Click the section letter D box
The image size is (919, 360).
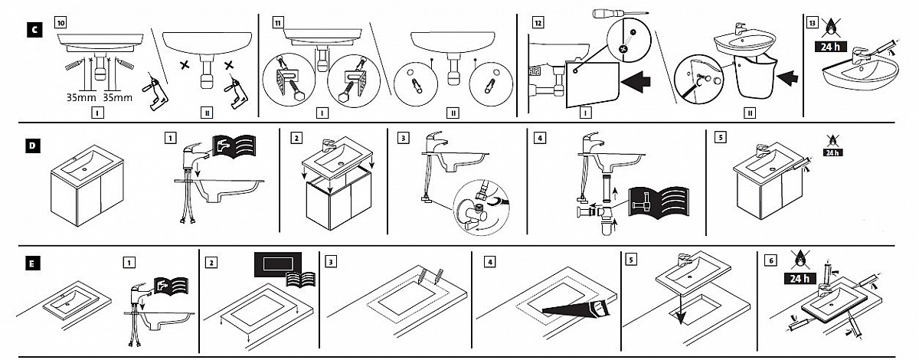[33, 144]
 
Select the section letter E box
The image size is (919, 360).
[33, 261]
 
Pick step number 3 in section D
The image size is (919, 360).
[404, 139]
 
